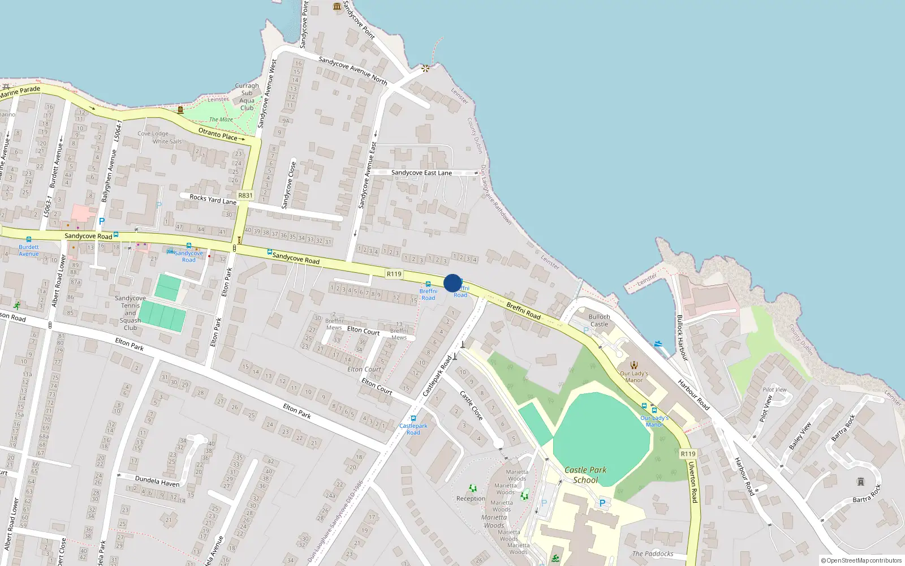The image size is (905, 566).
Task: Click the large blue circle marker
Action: point(453,283)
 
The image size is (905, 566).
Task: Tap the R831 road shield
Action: point(245,195)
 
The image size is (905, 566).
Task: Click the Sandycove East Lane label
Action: point(421,173)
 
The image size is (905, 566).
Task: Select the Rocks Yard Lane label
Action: point(213,199)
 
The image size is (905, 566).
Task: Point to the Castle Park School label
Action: point(585,475)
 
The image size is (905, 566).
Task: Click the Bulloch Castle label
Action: point(599,320)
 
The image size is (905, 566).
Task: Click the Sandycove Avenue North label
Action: point(353,70)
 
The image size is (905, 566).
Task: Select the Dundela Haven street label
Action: point(157,482)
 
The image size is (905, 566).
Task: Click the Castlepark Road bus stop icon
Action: point(413,418)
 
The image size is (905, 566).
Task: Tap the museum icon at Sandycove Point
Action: point(338,6)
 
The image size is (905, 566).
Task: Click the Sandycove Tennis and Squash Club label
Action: point(130,312)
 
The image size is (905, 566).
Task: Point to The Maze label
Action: point(221,119)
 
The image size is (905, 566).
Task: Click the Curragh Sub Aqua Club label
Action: point(247,97)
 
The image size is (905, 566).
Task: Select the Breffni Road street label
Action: point(523,311)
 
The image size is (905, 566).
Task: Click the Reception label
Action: point(471,499)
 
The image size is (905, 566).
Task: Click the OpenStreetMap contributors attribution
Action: point(861,560)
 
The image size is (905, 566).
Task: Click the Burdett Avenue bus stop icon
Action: point(29,239)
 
